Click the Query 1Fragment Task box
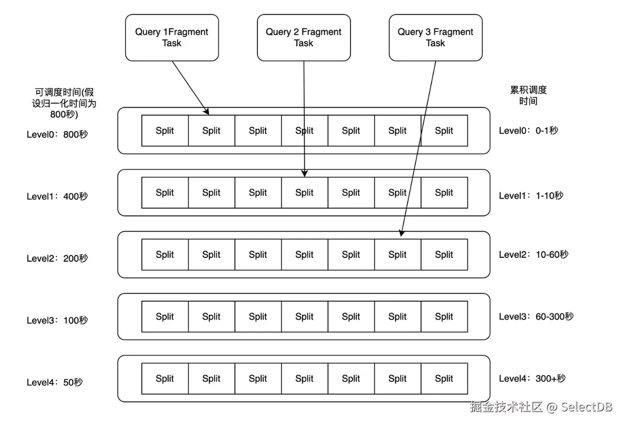[172, 38]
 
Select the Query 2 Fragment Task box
[304, 38]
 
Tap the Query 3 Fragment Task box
[436, 38]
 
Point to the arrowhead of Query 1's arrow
[206, 112]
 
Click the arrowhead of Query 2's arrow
[305, 174]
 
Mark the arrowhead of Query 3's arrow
[401, 233]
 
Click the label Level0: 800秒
[57, 135]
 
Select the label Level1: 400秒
[57, 196]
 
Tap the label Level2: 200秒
[57, 258]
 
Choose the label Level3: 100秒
[57, 320]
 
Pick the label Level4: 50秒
[55, 383]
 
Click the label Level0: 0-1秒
[528, 131]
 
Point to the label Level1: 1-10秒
[531, 195]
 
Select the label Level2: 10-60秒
[533, 254]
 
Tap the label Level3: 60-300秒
[536, 316]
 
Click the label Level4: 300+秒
[532, 379]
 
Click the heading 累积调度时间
[528, 96]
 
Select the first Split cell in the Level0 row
[165, 131]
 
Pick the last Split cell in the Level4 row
[444, 379]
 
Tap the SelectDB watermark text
[586, 407]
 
